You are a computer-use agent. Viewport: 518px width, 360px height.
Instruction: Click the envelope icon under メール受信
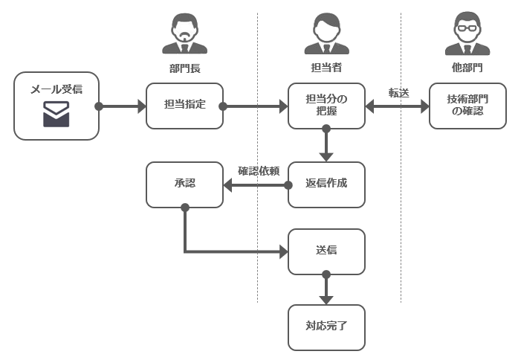[56, 114]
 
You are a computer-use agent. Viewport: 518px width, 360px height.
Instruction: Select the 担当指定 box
[184, 106]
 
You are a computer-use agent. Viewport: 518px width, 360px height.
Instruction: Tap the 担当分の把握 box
[326, 106]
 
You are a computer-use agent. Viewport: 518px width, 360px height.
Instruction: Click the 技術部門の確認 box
[467, 106]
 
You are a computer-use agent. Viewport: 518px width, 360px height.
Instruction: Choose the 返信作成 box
[326, 184]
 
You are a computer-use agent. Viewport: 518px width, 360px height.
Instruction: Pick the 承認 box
[184, 184]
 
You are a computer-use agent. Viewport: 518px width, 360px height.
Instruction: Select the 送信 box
[326, 251]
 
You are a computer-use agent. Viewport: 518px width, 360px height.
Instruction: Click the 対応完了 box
[326, 327]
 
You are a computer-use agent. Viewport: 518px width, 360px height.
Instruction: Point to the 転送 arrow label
[399, 93]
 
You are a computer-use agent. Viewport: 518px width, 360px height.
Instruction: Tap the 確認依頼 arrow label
[259, 171]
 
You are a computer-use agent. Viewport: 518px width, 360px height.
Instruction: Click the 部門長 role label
[184, 68]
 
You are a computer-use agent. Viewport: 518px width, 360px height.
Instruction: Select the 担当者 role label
[326, 68]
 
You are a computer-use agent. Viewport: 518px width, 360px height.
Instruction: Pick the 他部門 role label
[467, 68]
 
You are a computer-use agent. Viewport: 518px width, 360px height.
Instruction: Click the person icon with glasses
[467, 33]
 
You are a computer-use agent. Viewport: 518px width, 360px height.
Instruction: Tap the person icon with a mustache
[184, 33]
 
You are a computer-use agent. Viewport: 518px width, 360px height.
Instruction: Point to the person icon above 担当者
[326, 33]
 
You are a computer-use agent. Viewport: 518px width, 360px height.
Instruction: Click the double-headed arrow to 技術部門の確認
[397, 106]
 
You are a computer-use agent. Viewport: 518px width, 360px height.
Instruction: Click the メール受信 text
[56, 89]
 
